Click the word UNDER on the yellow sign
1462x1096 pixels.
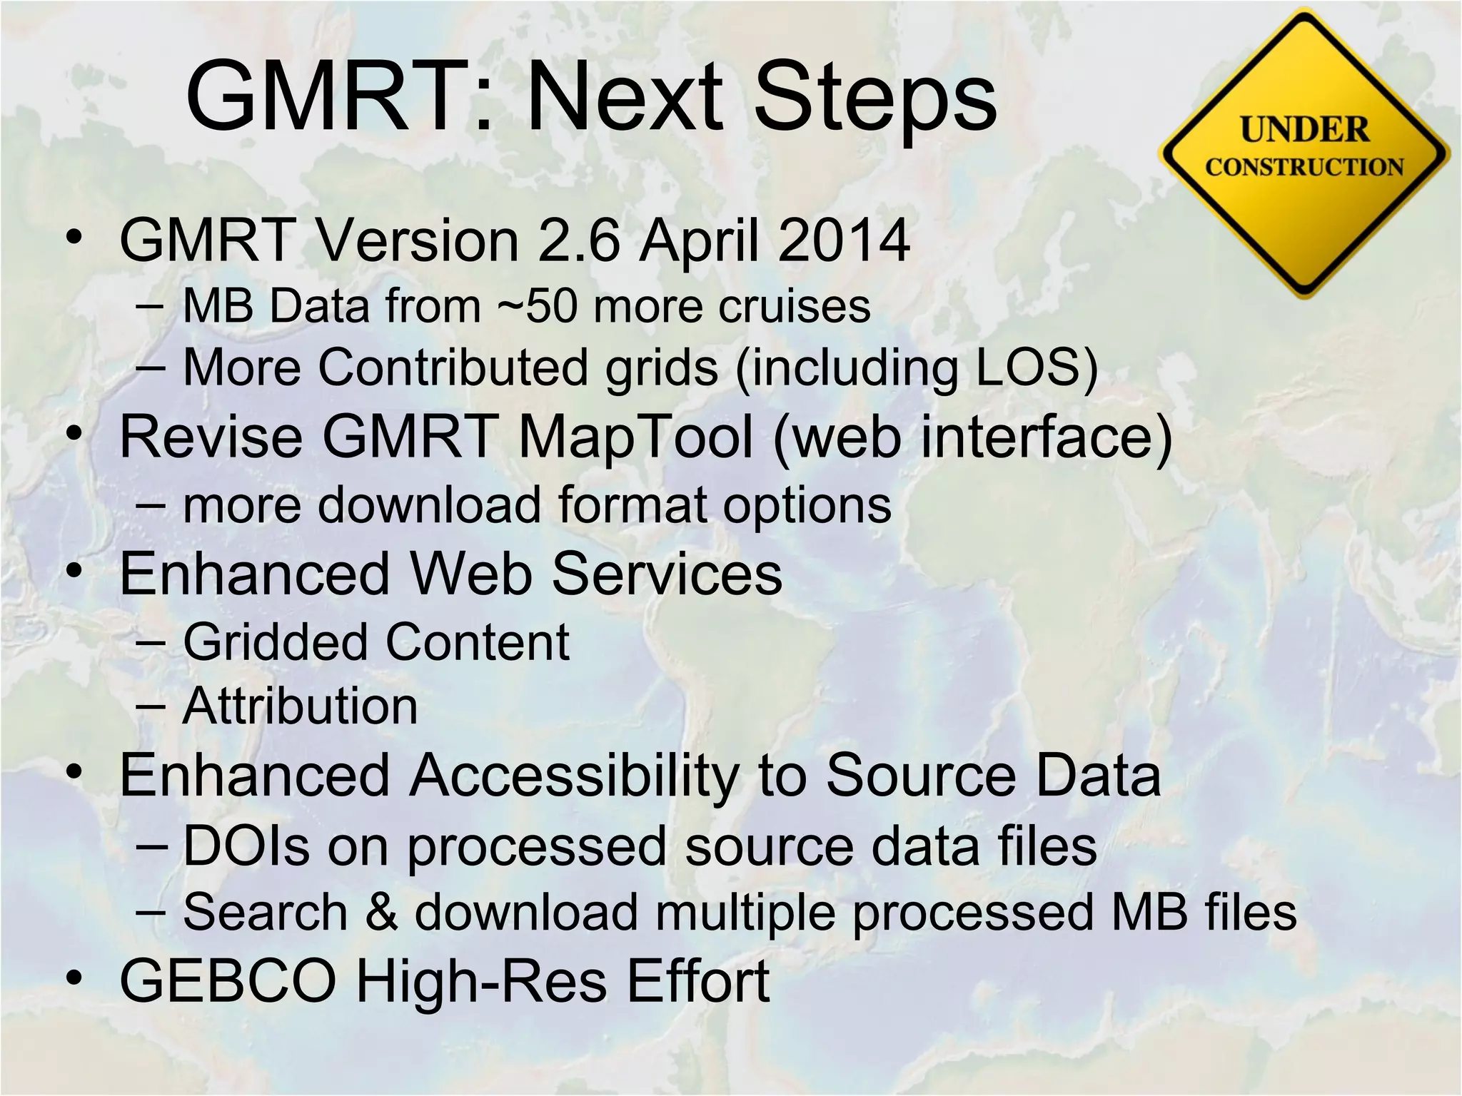[x=1304, y=130]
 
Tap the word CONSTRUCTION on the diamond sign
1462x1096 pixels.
[x=1304, y=167]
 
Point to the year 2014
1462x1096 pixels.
[x=844, y=240]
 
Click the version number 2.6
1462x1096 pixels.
[x=579, y=240]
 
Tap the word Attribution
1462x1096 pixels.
[x=300, y=706]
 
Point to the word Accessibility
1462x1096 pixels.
[x=575, y=776]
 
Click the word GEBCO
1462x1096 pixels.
[x=228, y=981]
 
